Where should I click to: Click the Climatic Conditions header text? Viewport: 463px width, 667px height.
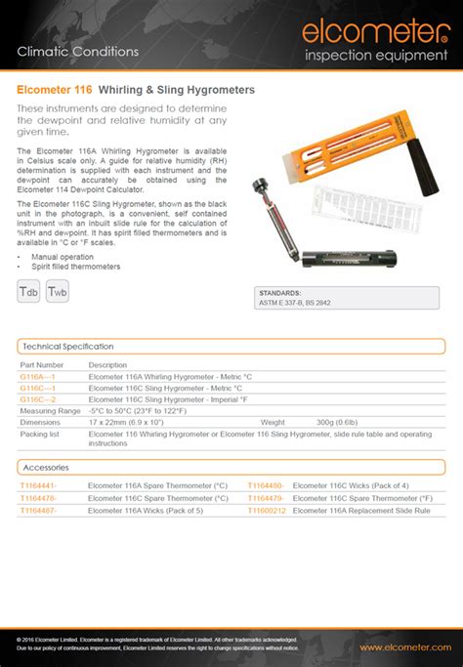[x=78, y=51]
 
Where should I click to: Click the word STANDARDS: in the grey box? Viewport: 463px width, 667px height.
[x=281, y=293]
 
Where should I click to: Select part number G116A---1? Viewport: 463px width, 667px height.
[x=38, y=376]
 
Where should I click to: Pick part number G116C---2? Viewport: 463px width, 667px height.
[x=38, y=399]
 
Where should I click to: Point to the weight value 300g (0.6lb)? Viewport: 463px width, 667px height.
[x=337, y=422]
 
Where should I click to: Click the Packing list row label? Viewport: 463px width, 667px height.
[x=40, y=433]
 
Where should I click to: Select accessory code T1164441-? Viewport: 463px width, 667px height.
[x=39, y=485]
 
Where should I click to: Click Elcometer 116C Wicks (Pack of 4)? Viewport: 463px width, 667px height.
[x=351, y=485]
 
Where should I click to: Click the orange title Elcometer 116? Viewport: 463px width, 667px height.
[x=55, y=90]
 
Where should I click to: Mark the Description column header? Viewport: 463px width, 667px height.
[x=108, y=364]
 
